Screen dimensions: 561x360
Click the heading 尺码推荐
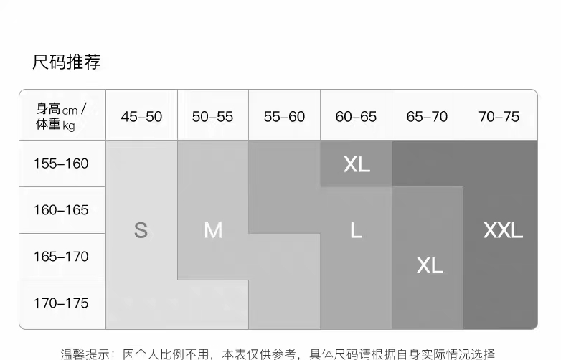[x=66, y=62]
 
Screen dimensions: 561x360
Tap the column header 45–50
[x=141, y=116]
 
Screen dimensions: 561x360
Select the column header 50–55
[x=212, y=116]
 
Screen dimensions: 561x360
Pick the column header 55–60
[x=284, y=116]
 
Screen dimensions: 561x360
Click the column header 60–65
[x=356, y=116]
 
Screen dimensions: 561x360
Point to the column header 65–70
[x=427, y=116]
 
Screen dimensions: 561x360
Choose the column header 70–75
[x=499, y=116]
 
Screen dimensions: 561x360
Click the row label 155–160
[x=61, y=164]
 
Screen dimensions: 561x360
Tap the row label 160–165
[x=61, y=210]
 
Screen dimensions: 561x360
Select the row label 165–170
[x=61, y=257]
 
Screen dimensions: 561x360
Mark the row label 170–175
[x=61, y=303]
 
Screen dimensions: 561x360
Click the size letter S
[x=141, y=230]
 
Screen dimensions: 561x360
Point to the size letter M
[x=213, y=230]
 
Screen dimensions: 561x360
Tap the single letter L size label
[x=356, y=230]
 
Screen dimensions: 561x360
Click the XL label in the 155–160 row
[x=357, y=164]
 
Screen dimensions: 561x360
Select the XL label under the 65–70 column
[x=430, y=265]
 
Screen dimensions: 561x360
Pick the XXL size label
[x=503, y=230]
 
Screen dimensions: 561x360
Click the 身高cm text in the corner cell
[x=57, y=109]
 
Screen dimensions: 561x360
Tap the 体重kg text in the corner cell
[x=55, y=125]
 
